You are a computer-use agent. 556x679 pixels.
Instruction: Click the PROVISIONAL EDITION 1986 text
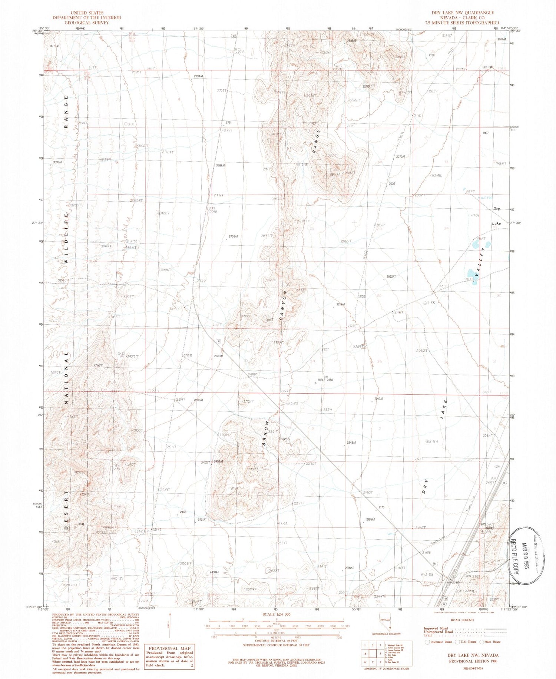(x=472, y=661)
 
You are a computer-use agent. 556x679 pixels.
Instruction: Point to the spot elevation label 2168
(x=426, y=553)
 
